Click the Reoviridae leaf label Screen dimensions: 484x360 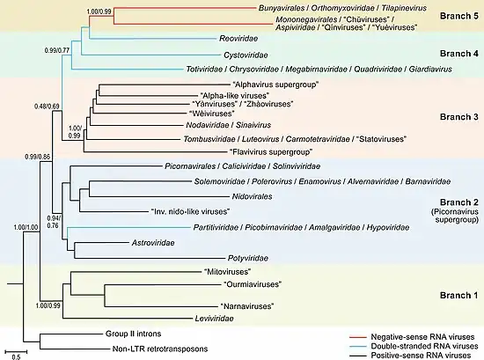[x=238, y=38]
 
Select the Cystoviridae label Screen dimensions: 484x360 [x=246, y=55]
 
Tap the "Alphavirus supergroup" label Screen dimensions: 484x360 [x=275, y=84]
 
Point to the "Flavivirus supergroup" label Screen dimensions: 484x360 [x=271, y=152]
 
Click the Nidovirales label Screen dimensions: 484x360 [x=253, y=196]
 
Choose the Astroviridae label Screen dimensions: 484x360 [x=153, y=243]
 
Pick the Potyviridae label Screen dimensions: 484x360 [x=248, y=258]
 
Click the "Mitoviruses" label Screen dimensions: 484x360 [x=228, y=272]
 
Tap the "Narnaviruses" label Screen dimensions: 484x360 [x=247, y=306]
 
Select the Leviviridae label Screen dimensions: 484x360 [x=214, y=319]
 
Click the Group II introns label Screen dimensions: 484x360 [x=134, y=334]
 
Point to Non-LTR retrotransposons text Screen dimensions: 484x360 [x=160, y=349]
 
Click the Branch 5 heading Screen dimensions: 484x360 [x=459, y=16]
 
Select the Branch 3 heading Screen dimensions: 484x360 [x=459, y=117]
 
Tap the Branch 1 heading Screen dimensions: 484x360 [x=458, y=296]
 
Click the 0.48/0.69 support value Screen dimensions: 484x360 [x=47, y=107]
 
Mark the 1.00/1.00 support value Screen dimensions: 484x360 [x=26, y=228]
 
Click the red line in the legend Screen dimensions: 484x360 [x=357, y=337]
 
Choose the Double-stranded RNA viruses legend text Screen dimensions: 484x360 [x=424, y=346]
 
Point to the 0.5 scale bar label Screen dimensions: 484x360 [x=16, y=356]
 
